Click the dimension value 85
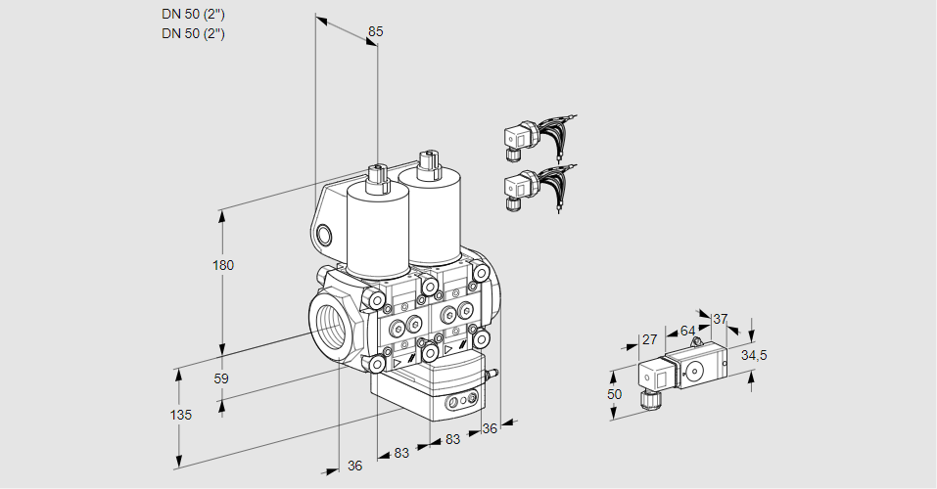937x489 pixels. pos(375,31)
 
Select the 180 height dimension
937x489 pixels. pos(223,265)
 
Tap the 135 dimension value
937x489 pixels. pos(180,415)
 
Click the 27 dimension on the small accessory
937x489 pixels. pos(648,339)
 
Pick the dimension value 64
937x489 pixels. pos(687,331)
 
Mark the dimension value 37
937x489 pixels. pos(721,319)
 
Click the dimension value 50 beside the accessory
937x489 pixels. pos(614,394)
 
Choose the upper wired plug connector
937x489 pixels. pos(519,139)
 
